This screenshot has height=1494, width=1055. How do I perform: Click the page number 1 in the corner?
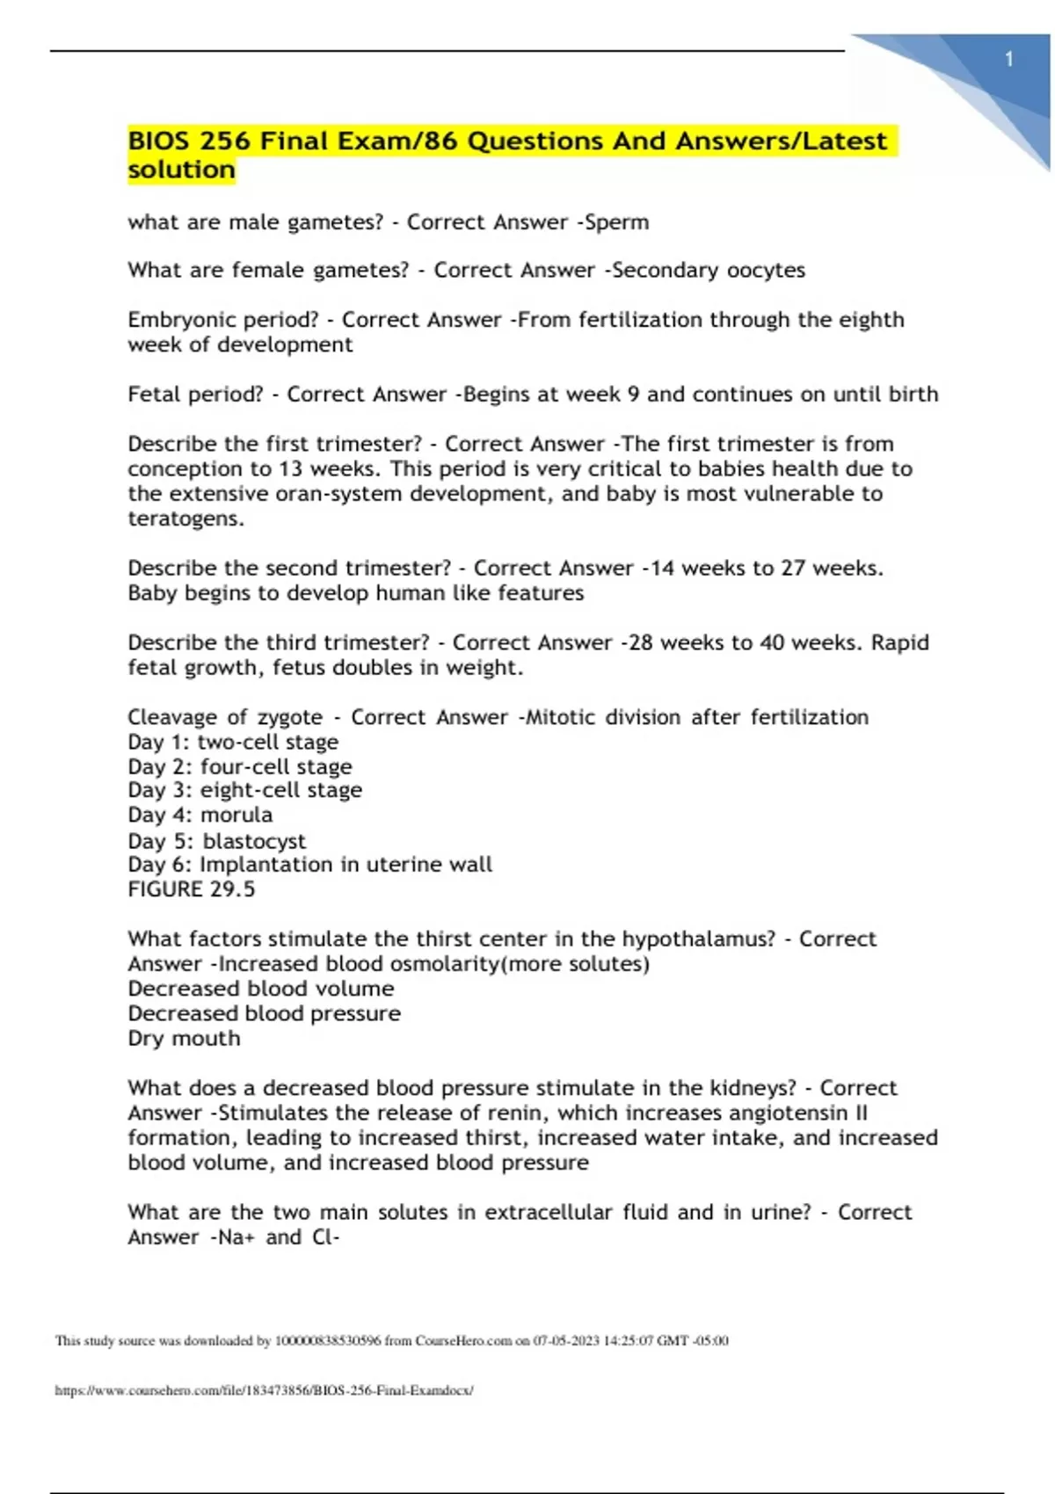1009,60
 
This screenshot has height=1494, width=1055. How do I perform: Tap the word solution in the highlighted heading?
181,170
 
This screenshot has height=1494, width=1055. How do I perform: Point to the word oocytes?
766,271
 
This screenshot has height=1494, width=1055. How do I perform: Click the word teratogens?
185,519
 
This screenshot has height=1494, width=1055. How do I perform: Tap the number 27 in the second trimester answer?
793,569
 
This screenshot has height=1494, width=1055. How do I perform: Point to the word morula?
236,815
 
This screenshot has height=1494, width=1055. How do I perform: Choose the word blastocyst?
254,841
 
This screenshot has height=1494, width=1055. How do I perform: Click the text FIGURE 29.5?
191,889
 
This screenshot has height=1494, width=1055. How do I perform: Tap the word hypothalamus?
698,939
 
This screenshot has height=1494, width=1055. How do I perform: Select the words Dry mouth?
184,1039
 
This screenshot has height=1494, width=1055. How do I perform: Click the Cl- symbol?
325,1237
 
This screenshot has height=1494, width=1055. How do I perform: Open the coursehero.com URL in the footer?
264,1390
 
